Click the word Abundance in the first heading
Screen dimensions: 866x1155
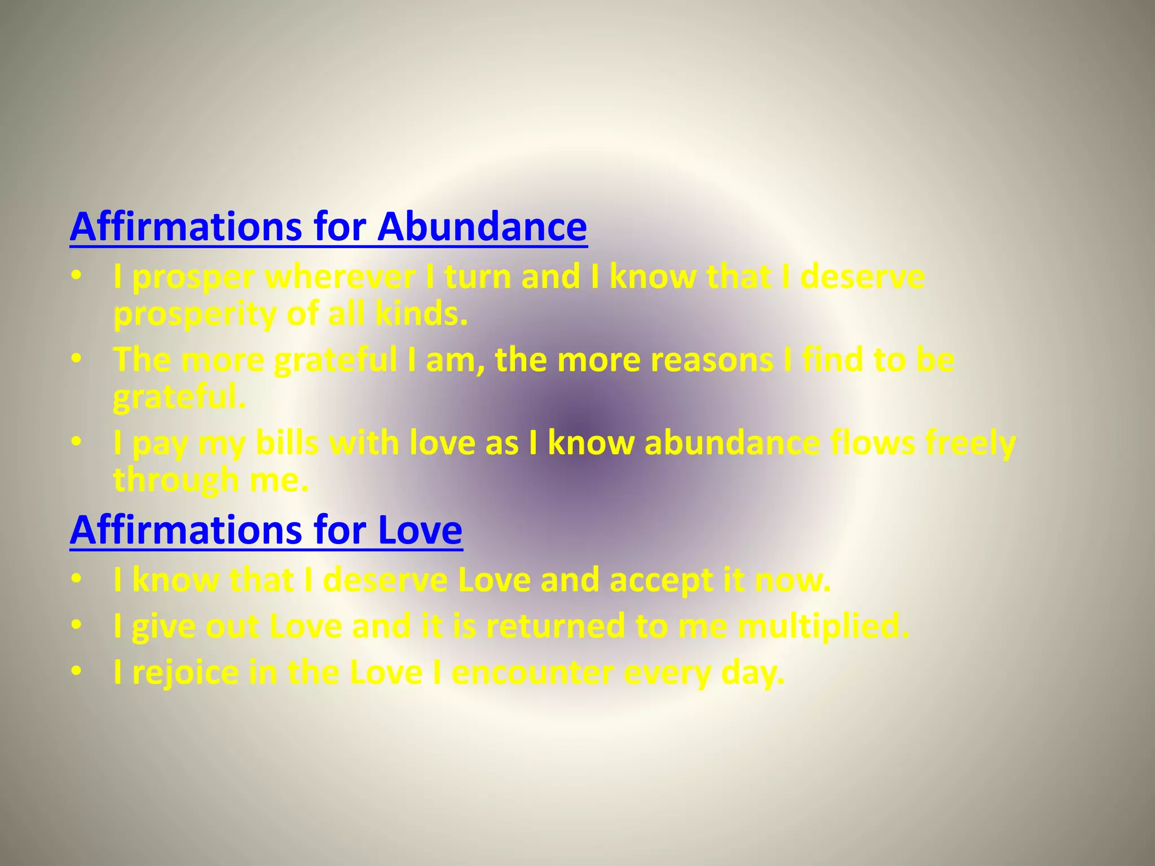(482, 227)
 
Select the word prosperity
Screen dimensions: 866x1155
(195, 315)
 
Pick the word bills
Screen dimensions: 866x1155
(286, 443)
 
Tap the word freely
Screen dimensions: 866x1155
(971, 444)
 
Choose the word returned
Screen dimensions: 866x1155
(556, 626)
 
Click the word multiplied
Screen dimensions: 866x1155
(823, 626)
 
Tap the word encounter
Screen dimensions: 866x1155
(532, 673)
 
